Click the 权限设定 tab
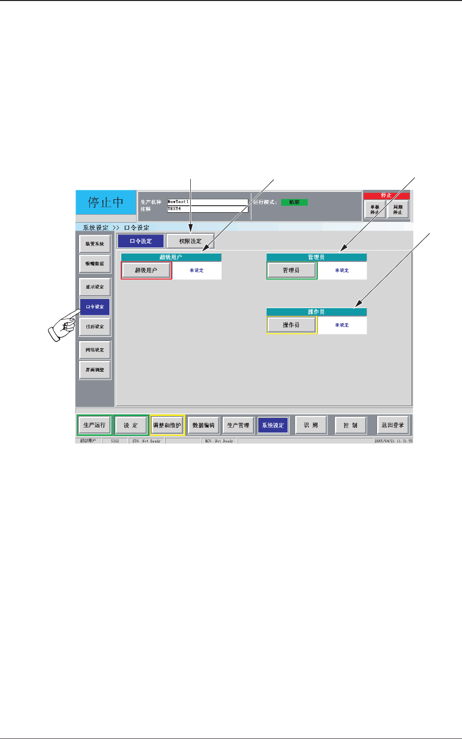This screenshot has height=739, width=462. click(190, 241)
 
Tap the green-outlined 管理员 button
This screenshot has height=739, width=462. click(291, 270)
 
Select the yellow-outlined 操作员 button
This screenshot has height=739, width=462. click(291, 325)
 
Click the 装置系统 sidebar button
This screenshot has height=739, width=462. click(95, 244)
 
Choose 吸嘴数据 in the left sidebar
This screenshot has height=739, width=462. click(95, 264)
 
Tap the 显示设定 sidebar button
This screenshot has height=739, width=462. click(95, 287)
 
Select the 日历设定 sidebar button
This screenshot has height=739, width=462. click(95, 327)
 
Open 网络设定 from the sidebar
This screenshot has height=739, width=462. click(95, 350)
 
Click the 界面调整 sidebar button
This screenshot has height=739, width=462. click(95, 370)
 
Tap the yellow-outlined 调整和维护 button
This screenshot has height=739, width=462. click(167, 425)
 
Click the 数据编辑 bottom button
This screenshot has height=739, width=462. click(204, 425)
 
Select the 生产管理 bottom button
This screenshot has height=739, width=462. click(238, 425)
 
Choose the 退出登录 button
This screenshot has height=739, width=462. click(392, 425)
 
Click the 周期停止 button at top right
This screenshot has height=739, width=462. click(398, 210)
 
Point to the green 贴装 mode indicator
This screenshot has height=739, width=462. click(295, 202)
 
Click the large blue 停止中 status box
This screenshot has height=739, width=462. click(106, 203)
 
